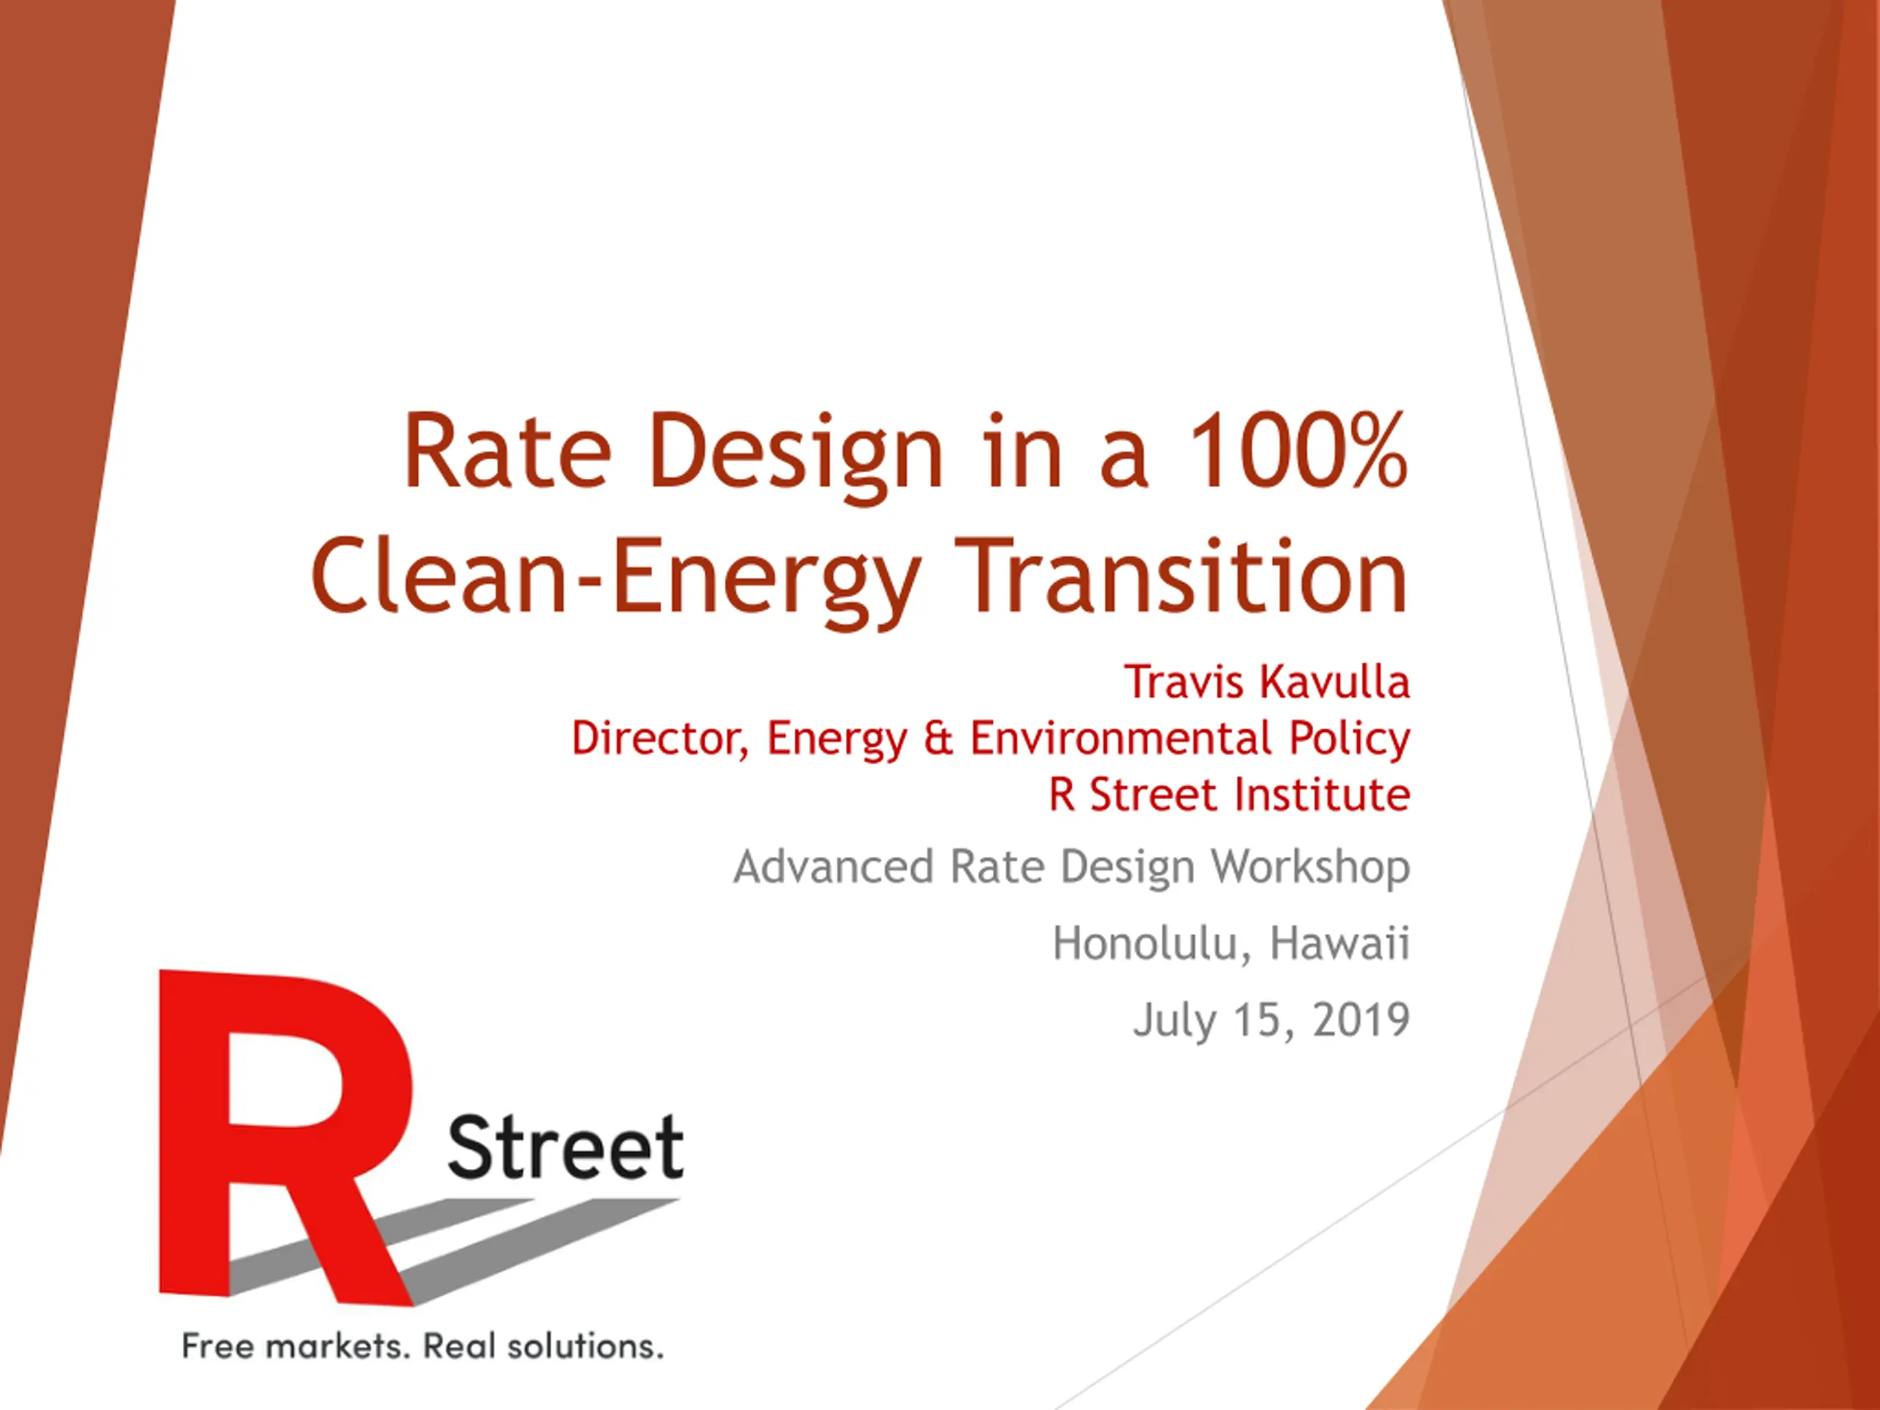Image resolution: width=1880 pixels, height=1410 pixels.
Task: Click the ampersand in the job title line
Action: pyautogui.click(x=939, y=738)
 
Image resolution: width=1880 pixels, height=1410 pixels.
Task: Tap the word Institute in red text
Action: pyautogui.click(x=1323, y=794)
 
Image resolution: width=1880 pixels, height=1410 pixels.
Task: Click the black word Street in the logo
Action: pyautogui.click(x=565, y=1147)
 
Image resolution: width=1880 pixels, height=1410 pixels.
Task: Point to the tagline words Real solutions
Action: pyautogui.click(x=543, y=1346)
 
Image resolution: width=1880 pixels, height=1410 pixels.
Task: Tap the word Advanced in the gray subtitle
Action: pyautogui.click(x=834, y=867)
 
